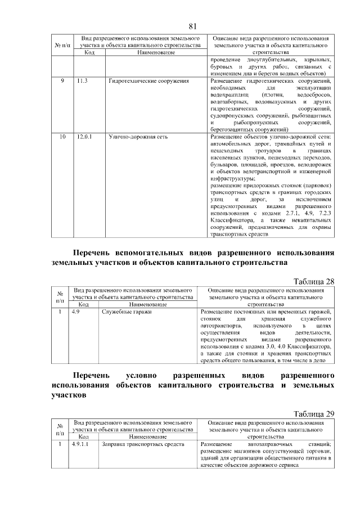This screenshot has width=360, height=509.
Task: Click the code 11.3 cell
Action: point(83,82)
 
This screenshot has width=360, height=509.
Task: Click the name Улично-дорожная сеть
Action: point(137,136)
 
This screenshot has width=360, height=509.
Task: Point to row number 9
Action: point(62,82)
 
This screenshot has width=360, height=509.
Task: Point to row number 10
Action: point(62,136)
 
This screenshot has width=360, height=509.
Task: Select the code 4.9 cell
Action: point(77,312)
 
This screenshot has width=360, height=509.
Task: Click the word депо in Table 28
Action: point(327,359)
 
